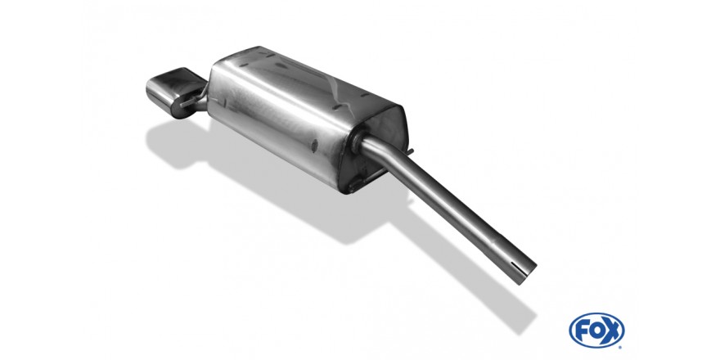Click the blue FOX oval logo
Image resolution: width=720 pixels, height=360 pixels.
596,331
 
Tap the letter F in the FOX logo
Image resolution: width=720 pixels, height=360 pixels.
582,331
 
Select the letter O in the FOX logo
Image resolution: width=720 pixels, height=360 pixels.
596,331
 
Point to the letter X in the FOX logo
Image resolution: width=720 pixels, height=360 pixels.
612,331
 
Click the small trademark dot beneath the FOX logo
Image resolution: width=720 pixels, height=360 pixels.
620,347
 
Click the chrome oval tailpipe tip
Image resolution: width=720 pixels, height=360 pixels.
172,92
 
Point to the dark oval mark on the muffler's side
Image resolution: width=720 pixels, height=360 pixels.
314,145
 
